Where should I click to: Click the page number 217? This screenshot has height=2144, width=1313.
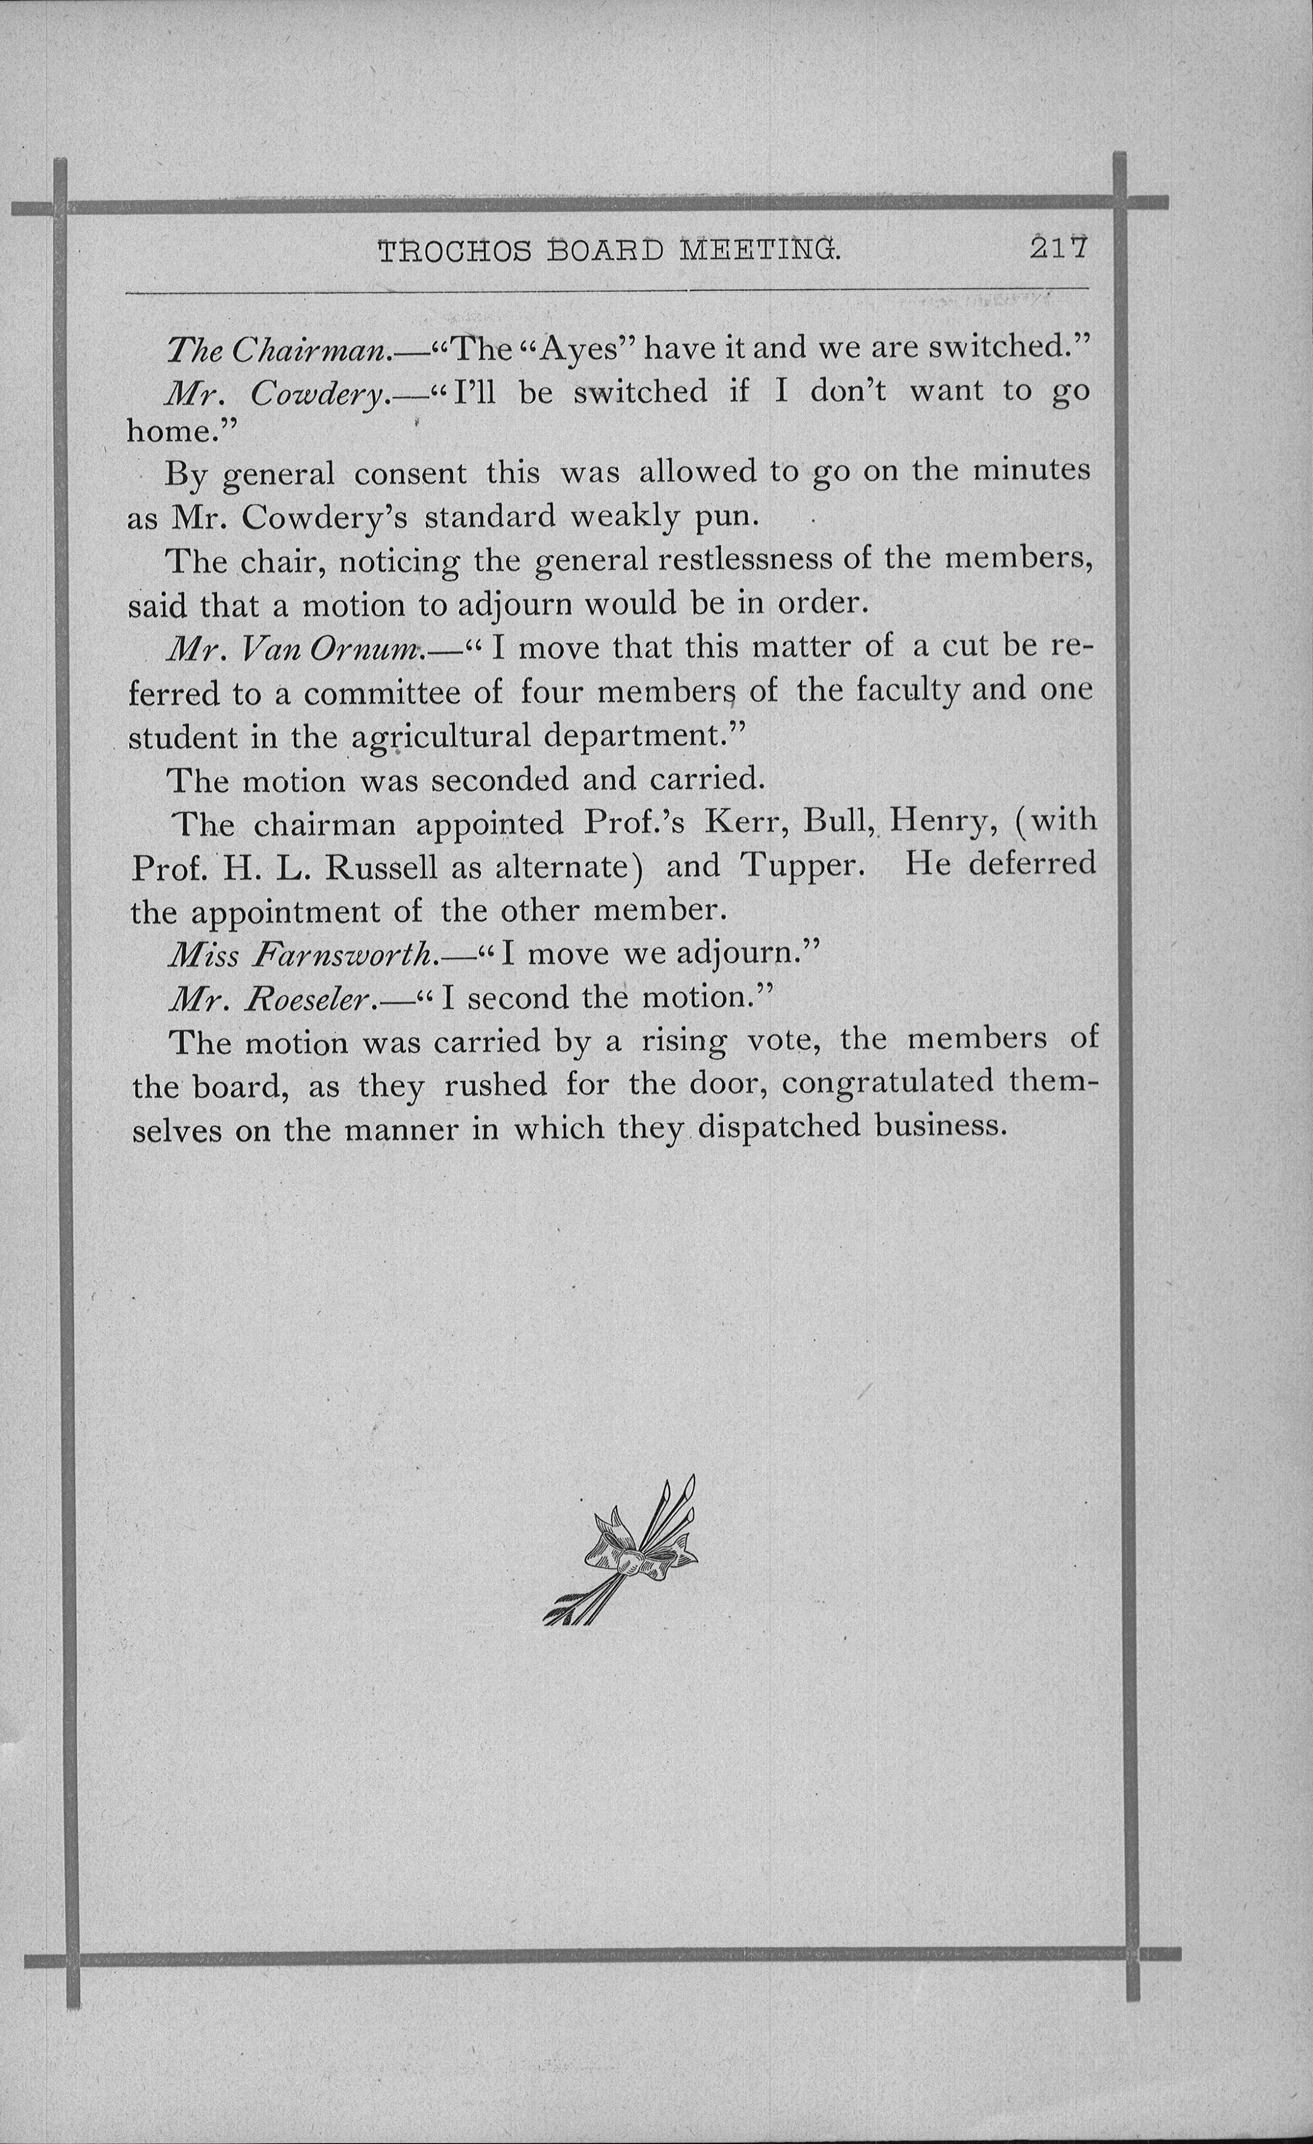(x=1059, y=250)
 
